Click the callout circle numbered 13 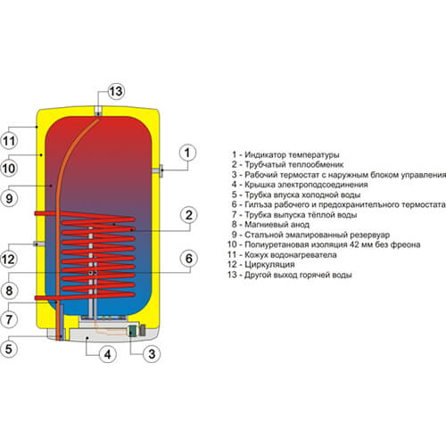click(x=116, y=91)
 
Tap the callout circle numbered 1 click(x=187, y=153)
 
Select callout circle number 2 click(x=189, y=215)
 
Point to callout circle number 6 click(x=189, y=259)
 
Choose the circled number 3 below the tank click(x=152, y=354)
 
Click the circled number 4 click(x=108, y=354)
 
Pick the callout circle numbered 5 click(x=9, y=348)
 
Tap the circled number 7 click(x=9, y=319)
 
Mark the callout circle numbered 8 click(x=9, y=290)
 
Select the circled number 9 click(x=9, y=198)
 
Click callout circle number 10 click(x=9, y=169)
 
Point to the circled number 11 click(x=9, y=141)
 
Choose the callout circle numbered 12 click(x=9, y=259)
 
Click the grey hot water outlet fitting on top click(x=98, y=111)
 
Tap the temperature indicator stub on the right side click(x=158, y=171)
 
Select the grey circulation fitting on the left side click(x=38, y=244)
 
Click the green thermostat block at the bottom click(x=132, y=331)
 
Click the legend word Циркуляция click(x=269, y=264)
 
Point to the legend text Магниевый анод click(x=277, y=225)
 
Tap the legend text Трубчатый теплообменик click(x=293, y=164)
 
